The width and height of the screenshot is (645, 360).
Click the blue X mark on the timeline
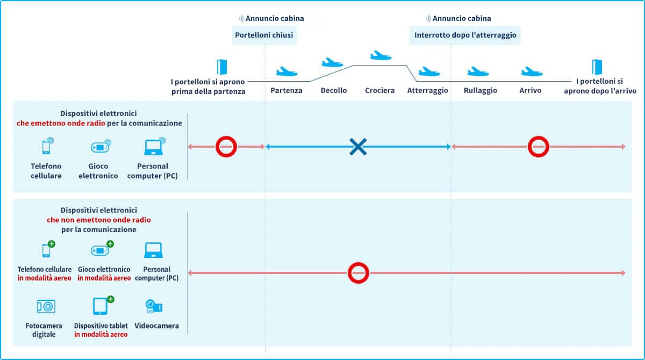click(358, 147)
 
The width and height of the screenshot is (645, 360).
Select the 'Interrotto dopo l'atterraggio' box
click(465, 36)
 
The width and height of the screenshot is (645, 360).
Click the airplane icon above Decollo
click(332, 63)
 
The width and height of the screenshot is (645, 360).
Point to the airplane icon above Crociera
click(381, 55)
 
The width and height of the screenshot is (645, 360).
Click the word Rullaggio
click(480, 90)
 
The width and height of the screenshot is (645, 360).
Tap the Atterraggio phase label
click(427, 90)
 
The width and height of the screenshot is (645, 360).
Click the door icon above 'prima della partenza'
click(221, 67)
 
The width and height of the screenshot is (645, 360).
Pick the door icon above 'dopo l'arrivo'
click(597, 67)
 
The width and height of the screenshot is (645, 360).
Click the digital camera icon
click(46, 306)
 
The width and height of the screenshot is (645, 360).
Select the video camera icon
click(154, 306)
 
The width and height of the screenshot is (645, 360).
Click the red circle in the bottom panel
click(358, 273)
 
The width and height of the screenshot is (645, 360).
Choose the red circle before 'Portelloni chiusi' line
click(226, 147)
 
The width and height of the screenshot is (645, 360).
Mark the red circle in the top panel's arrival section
click(538, 147)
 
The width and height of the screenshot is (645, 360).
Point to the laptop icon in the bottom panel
click(154, 250)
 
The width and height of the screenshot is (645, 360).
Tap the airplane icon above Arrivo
click(531, 71)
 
